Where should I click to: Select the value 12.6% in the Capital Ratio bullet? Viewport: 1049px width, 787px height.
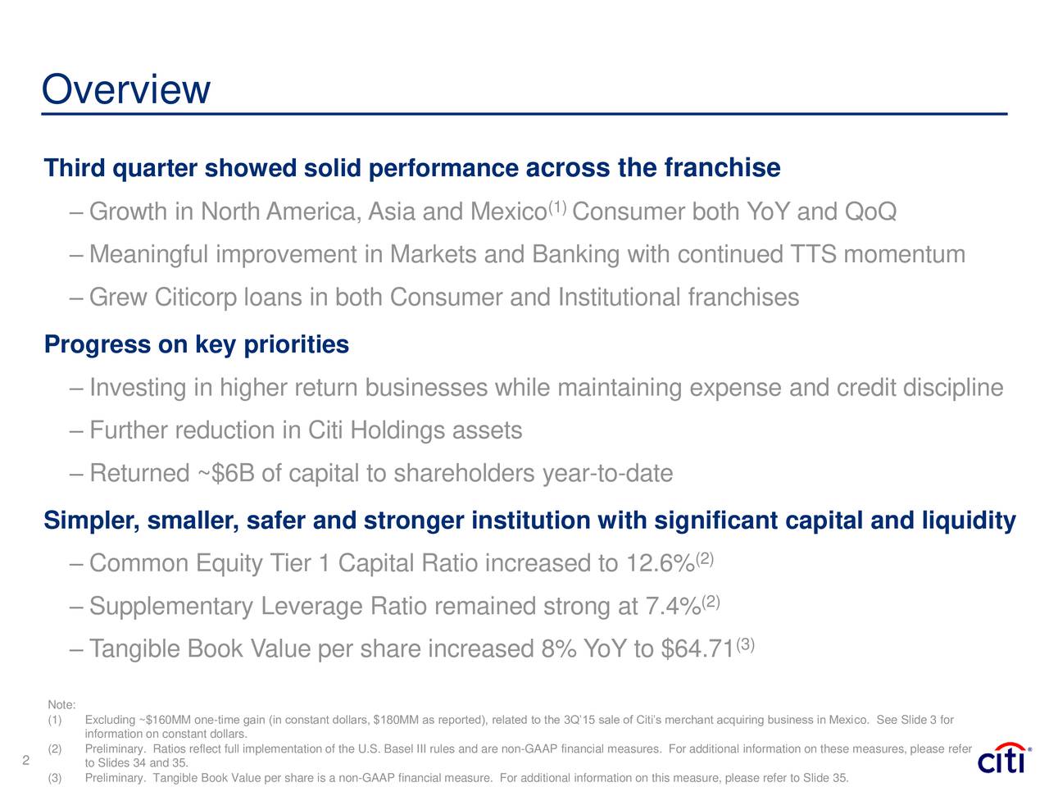click(x=660, y=565)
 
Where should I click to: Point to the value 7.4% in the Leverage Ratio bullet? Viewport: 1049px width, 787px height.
click(x=673, y=607)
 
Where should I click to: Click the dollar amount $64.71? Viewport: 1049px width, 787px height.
click(x=697, y=650)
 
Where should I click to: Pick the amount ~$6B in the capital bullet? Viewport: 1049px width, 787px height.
click(x=224, y=474)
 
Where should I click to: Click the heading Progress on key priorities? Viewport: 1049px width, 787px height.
click(x=197, y=345)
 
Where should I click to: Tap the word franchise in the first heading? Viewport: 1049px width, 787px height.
click(x=721, y=168)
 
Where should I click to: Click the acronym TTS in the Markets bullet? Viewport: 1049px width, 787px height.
click(x=814, y=255)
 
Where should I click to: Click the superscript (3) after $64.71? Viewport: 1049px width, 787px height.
click(x=745, y=644)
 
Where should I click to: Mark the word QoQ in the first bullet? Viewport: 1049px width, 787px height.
click(x=870, y=213)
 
